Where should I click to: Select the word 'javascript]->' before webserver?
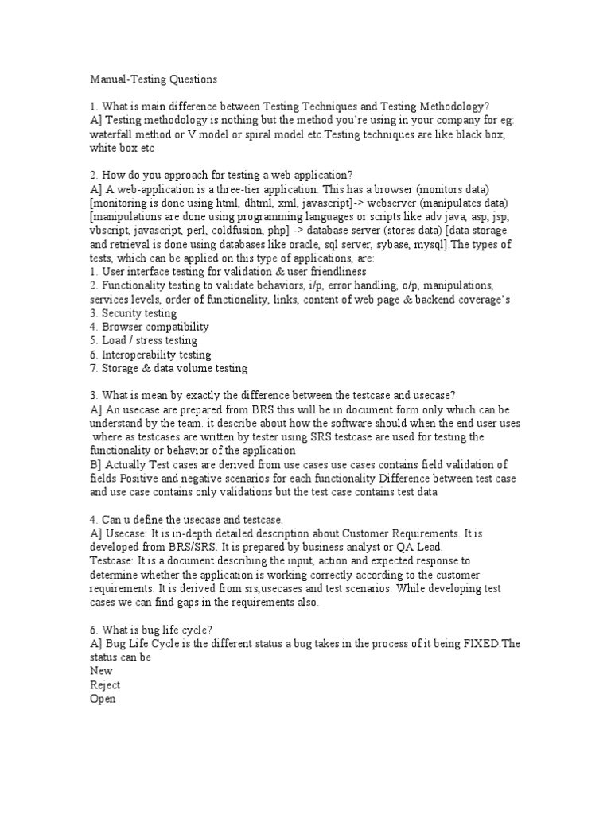pyautogui.click(x=305, y=203)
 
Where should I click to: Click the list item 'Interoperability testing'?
pyautogui.click(x=150, y=355)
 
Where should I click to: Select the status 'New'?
pyautogui.click(x=102, y=671)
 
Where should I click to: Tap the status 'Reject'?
pyautogui.click(x=106, y=684)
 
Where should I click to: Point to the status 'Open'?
pyautogui.click(x=103, y=699)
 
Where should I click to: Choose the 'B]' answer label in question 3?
pyautogui.click(x=97, y=464)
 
